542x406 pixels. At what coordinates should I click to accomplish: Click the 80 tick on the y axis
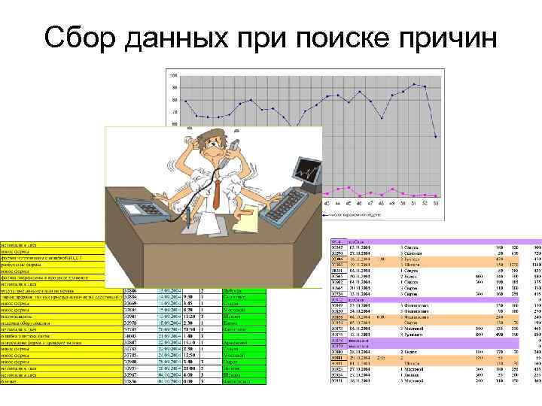[x=174, y=99]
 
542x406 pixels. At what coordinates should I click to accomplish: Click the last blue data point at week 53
[x=437, y=136]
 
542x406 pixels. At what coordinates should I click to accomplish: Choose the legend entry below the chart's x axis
[x=354, y=214]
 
